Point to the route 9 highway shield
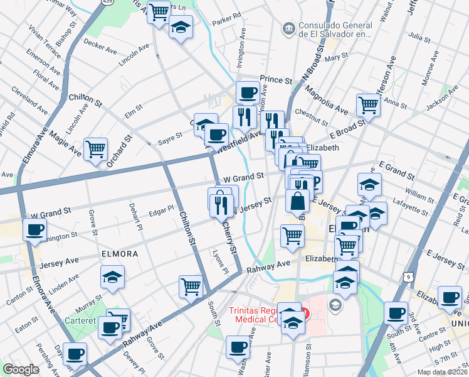click(x=408, y=276)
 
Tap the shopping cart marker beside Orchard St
click(x=96, y=150)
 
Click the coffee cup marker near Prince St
click(x=248, y=93)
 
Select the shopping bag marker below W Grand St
click(x=297, y=201)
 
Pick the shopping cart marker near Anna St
click(x=368, y=106)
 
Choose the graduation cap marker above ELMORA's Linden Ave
click(x=112, y=276)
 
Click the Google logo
click(x=21, y=369)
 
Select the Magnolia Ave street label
click(x=326, y=101)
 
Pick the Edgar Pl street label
click(x=161, y=210)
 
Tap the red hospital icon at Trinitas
click(x=305, y=312)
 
